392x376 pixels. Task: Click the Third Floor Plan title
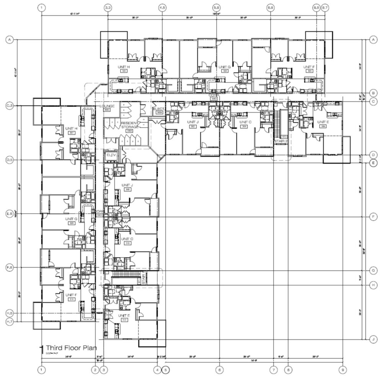[71, 348]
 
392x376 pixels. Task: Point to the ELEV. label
[111, 155]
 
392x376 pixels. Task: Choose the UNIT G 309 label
[71, 220]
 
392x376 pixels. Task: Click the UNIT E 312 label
[124, 317]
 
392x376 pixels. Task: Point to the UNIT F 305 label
[308, 69]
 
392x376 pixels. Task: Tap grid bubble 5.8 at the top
[216, 8]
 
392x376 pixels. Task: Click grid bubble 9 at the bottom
[343, 370]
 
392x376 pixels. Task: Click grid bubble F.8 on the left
[10, 268]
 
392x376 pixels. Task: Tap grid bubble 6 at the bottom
[219, 370]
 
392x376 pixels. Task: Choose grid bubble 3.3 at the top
[108, 8]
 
